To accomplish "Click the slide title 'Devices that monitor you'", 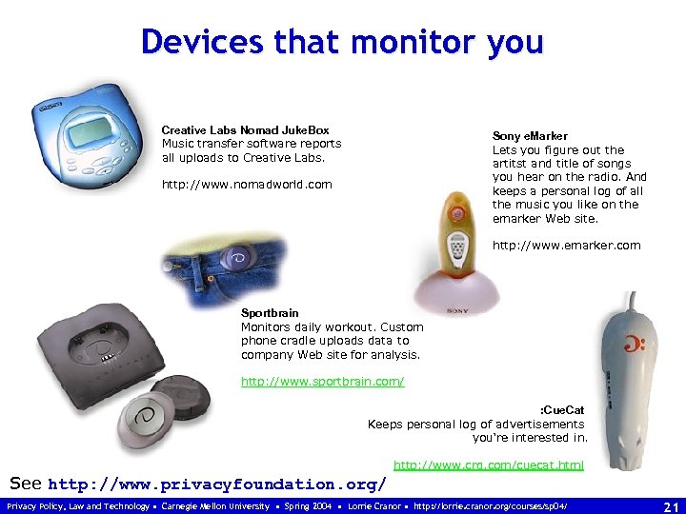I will pyautogui.click(x=342, y=43).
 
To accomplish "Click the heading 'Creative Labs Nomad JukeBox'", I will pyautogui.click(x=245, y=130).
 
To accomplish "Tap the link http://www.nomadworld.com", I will pyautogui.click(x=247, y=185).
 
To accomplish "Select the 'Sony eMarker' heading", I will pyautogui.click(x=530, y=136).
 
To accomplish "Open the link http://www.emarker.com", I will pyautogui.click(x=566, y=246).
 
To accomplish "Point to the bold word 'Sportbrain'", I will pyautogui.click(x=270, y=313).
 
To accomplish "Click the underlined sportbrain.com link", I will pyautogui.click(x=322, y=382).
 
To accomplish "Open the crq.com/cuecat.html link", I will pyautogui.click(x=489, y=465).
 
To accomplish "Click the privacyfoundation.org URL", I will pyautogui.click(x=216, y=484).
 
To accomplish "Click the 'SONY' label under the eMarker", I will pyautogui.click(x=457, y=310).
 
